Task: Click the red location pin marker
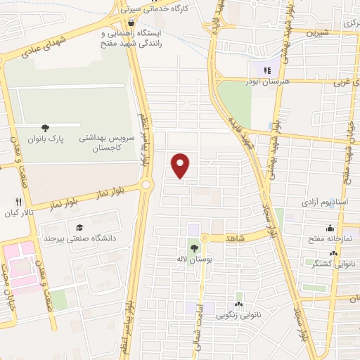[181, 165]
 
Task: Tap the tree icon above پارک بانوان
[46, 128]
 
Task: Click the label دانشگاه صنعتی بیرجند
[79, 238]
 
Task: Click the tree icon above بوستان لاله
[193, 247]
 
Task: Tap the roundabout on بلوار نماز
[146, 185]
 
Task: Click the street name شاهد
[234, 239]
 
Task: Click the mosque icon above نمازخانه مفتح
[330, 228]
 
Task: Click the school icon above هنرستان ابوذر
[266, 70]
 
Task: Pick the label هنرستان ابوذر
[266, 82]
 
